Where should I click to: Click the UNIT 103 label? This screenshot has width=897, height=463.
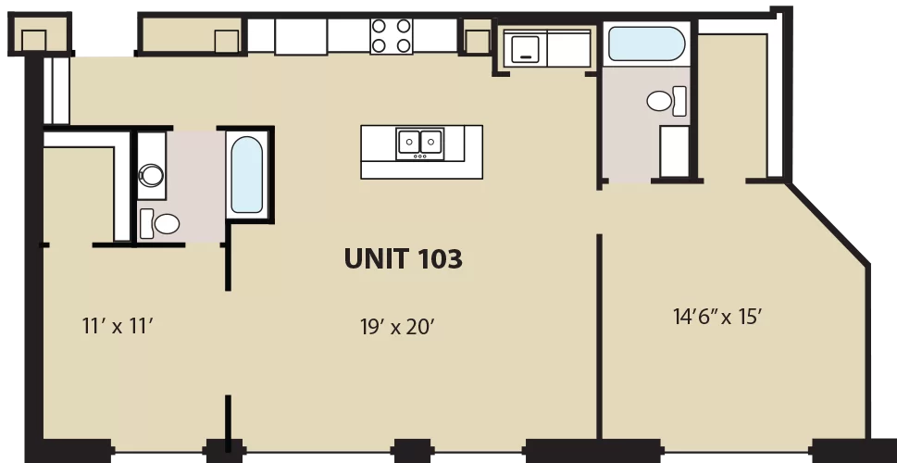pyautogui.click(x=404, y=258)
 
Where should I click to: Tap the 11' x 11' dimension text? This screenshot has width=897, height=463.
pyautogui.click(x=118, y=326)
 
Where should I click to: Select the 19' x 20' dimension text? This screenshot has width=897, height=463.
pyautogui.click(x=397, y=327)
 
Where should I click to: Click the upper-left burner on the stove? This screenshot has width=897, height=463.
pyautogui.click(x=378, y=26)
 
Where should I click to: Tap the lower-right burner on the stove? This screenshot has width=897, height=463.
pyautogui.click(x=404, y=44)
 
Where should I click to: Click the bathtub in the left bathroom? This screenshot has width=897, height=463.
pyautogui.click(x=246, y=175)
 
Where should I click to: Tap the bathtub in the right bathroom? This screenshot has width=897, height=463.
pyautogui.click(x=646, y=44)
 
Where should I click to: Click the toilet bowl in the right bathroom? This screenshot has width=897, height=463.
pyautogui.click(x=659, y=101)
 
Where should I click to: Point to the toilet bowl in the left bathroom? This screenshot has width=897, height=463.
pyautogui.click(x=167, y=224)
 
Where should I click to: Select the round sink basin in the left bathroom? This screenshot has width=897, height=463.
pyautogui.click(x=152, y=175)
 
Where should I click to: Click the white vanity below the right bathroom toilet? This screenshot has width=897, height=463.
pyautogui.click(x=675, y=151)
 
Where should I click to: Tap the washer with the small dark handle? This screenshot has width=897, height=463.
pyautogui.click(x=525, y=48)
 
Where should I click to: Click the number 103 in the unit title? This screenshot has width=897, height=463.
pyautogui.click(x=440, y=258)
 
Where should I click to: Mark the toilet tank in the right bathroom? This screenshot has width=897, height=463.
pyautogui.click(x=679, y=101)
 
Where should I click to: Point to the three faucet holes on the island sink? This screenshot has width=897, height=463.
pyautogui.click(x=420, y=156)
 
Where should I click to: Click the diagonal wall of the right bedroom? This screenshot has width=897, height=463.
pyautogui.click(x=828, y=224)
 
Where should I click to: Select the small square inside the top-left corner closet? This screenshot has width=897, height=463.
pyautogui.click(x=33, y=41)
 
